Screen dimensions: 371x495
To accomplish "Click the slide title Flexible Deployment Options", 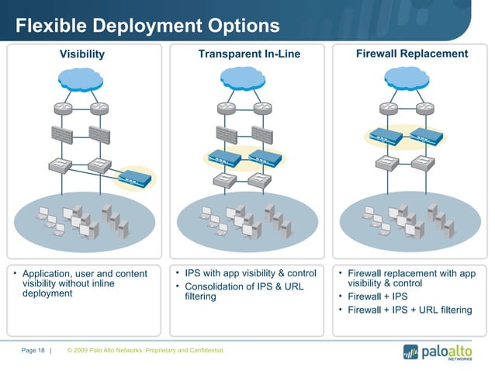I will click(x=147, y=26).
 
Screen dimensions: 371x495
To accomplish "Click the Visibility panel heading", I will click(x=82, y=54).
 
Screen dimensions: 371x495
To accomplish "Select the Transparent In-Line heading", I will click(x=248, y=54).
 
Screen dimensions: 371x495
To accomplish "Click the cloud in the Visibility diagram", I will click(x=82, y=78).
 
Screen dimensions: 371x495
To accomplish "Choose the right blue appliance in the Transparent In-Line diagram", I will click(x=265, y=159).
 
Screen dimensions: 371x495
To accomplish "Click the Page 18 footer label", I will click(x=33, y=351).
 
